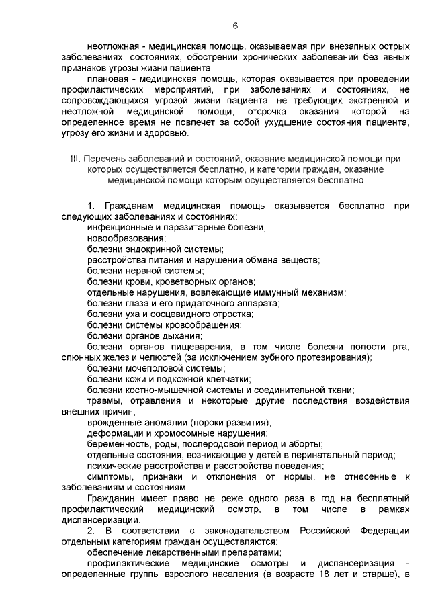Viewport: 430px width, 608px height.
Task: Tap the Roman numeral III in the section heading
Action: (x=75, y=159)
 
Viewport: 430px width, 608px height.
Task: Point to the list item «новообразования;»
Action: (x=126, y=238)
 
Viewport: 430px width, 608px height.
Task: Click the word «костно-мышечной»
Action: (x=165, y=390)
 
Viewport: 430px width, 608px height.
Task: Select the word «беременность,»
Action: (x=118, y=444)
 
